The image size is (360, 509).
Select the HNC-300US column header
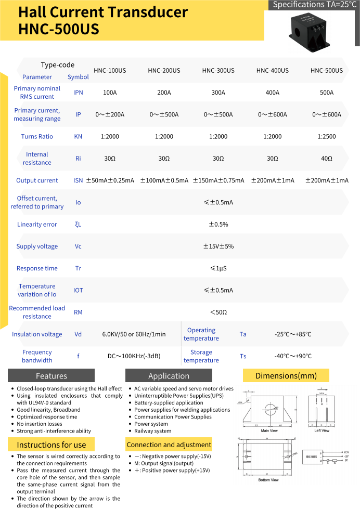218,71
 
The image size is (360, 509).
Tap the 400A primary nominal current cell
272,93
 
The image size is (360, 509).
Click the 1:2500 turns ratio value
327,137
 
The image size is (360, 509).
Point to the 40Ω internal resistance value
327,159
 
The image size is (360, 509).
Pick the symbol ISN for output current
78,180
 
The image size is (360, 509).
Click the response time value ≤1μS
218,269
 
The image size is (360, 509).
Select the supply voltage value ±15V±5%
218,246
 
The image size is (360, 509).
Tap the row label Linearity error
37,225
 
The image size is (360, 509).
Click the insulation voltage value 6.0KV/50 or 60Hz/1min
134,334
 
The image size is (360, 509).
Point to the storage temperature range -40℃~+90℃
293,356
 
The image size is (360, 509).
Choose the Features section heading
51,376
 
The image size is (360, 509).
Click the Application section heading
169,376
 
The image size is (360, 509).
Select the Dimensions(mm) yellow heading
286,375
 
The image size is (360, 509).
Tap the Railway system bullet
152,431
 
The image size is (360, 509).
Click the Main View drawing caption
269,430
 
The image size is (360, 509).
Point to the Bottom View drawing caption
268,480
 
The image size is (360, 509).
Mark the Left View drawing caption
322,430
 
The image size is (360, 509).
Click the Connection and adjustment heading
169,445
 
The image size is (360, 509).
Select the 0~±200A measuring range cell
110,115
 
